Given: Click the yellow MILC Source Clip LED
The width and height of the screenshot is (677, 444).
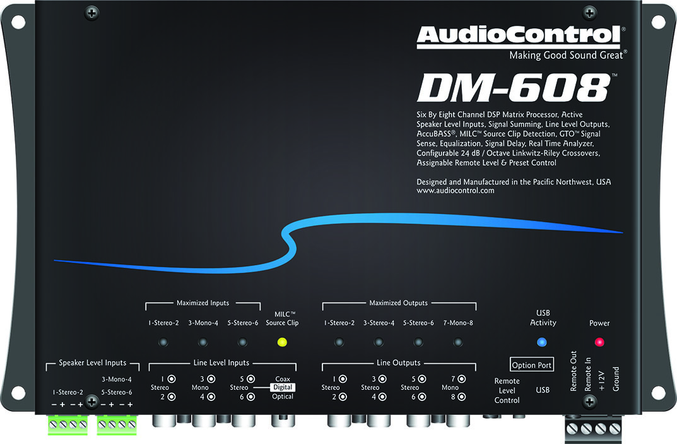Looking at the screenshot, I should tap(281, 342).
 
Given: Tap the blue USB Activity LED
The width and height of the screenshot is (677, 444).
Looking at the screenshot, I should tap(541, 342).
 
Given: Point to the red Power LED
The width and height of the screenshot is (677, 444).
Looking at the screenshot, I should tap(599, 342).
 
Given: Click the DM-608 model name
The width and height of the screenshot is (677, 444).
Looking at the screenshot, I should tap(513, 88).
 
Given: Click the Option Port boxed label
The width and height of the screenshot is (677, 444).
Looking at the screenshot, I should tap(532, 365).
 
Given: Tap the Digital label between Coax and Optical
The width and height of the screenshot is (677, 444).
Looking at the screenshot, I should tap(283, 387).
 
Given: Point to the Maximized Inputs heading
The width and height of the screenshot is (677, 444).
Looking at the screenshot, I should tap(203, 303).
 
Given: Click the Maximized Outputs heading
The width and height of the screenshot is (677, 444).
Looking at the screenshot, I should tap(398, 303).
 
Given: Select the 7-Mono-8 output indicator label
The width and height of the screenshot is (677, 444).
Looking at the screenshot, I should tap(458, 323).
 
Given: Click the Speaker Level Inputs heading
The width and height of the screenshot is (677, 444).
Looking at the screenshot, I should tap(92, 363).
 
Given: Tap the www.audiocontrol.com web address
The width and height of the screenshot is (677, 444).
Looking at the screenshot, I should tap(456, 191).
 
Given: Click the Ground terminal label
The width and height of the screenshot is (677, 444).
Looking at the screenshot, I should tap(616, 378).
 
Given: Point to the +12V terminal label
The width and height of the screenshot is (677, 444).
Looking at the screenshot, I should tap(602, 381).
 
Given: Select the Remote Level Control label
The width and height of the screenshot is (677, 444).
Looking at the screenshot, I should tap(507, 390).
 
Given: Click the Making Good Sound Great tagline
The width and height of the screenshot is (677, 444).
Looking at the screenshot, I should tap(567, 56).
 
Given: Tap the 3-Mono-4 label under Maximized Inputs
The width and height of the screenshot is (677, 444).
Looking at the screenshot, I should tap(203, 323).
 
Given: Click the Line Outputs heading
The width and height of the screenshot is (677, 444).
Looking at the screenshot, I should tap(398, 363).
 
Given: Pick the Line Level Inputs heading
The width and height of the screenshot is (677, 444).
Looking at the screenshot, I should tap(221, 363).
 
